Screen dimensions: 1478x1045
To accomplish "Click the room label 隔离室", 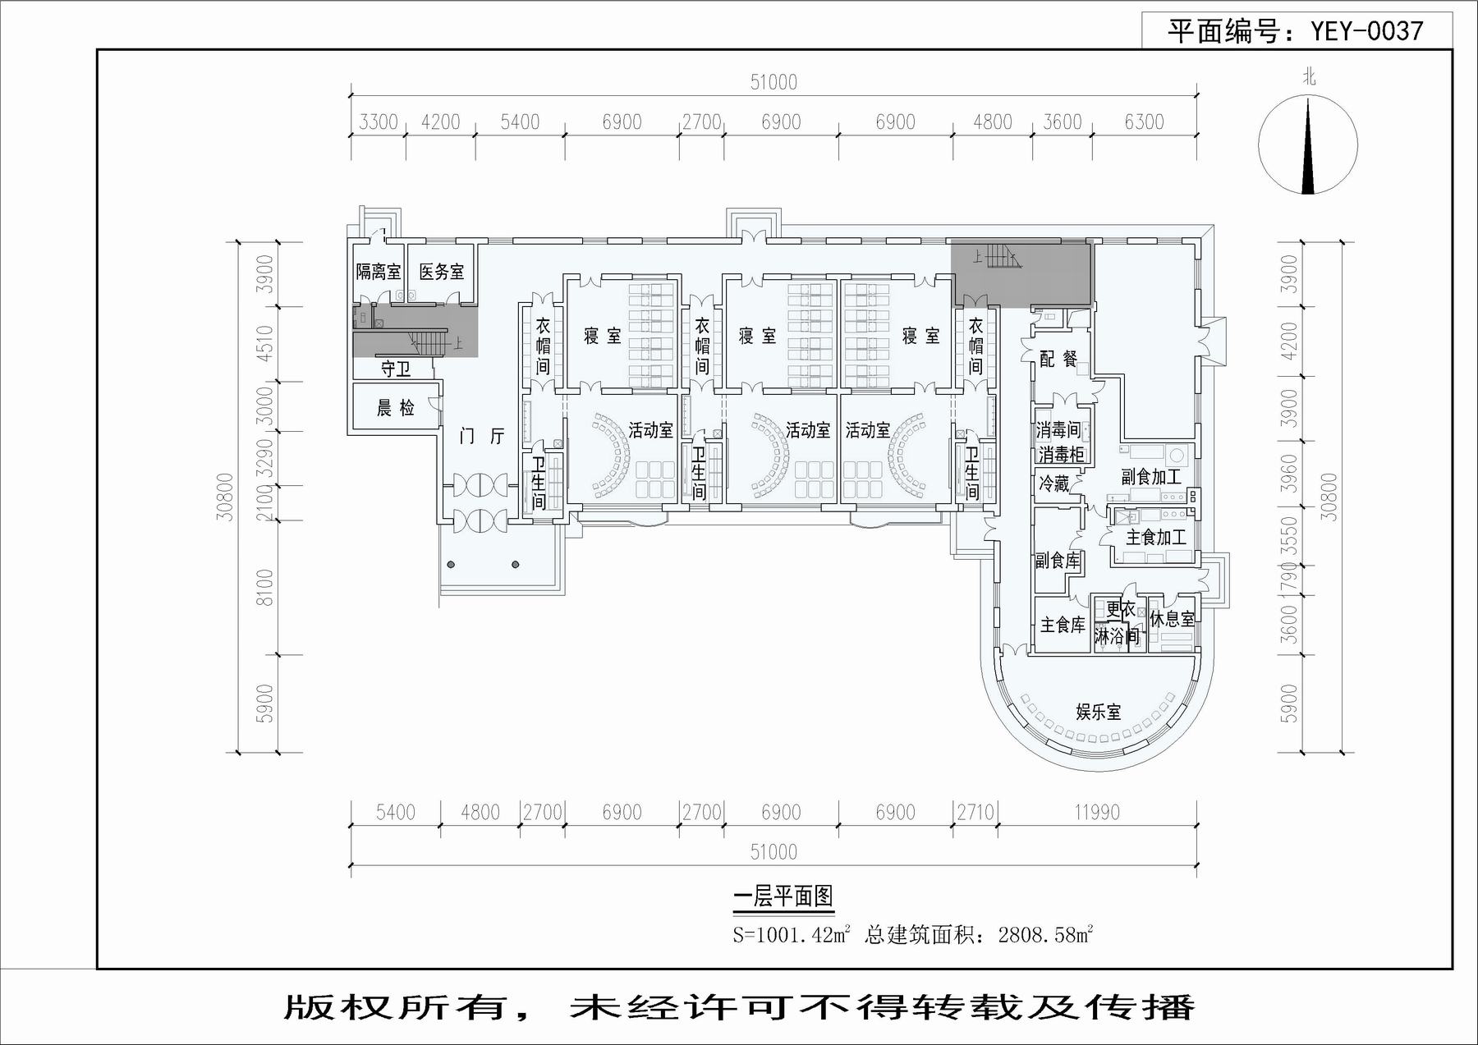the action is tap(378, 272).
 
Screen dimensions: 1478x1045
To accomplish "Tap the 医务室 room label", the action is tap(442, 272).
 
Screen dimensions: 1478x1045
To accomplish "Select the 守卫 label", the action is tap(396, 369).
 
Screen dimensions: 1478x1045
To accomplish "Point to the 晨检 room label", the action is tap(396, 408).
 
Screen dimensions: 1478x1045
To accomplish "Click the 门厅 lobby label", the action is tap(482, 436).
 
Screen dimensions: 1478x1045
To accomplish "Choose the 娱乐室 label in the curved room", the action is tap(1099, 712).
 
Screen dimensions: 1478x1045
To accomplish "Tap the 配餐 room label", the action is tap(1058, 359).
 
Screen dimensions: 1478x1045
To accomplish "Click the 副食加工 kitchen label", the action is tap(1151, 477).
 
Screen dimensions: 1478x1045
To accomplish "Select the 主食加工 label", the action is tap(1156, 538).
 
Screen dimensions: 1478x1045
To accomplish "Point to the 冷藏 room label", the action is tap(1054, 484).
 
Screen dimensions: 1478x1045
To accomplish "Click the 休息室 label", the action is tap(1172, 619).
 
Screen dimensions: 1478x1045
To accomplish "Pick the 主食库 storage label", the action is tap(1063, 626).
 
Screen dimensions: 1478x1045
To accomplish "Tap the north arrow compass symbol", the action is tap(1308, 145).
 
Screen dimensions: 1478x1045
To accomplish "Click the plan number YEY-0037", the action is tap(1366, 31).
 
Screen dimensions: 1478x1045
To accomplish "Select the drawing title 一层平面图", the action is tap(783, 896).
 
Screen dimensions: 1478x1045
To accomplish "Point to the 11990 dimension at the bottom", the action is tap(1097, 813).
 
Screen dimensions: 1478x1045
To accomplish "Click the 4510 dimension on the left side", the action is tap(264, 344).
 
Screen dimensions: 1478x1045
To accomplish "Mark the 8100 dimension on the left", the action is tap(264, 588).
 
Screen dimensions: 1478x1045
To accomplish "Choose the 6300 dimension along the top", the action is tap(1144, 122).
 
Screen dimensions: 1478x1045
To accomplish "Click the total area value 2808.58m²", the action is tap(1045, 934).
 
